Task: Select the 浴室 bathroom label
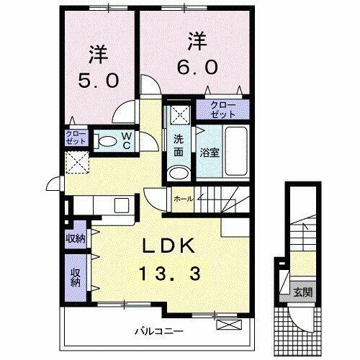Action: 210,153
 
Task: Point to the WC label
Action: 125,139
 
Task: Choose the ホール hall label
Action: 182,199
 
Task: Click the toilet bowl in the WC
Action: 107,140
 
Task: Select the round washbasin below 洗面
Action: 177,174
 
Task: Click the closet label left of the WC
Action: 74,138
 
